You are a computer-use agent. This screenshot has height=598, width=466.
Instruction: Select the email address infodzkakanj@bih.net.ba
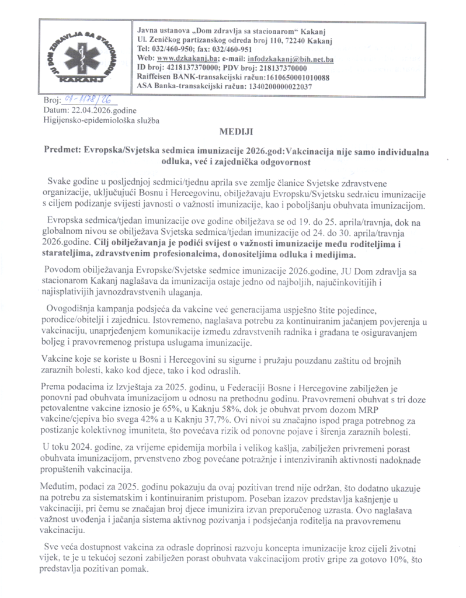tap(290, 59)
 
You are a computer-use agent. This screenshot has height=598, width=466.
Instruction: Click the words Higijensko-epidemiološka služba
tap(101, 120)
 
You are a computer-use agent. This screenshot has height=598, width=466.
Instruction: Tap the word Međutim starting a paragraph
tap(60, 487)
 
